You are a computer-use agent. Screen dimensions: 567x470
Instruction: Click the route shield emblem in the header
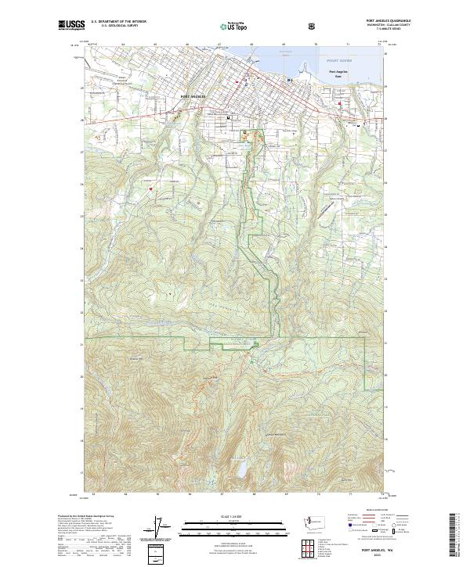(x=312, y=26)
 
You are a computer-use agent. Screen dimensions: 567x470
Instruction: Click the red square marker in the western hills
(x=149, y=188)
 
